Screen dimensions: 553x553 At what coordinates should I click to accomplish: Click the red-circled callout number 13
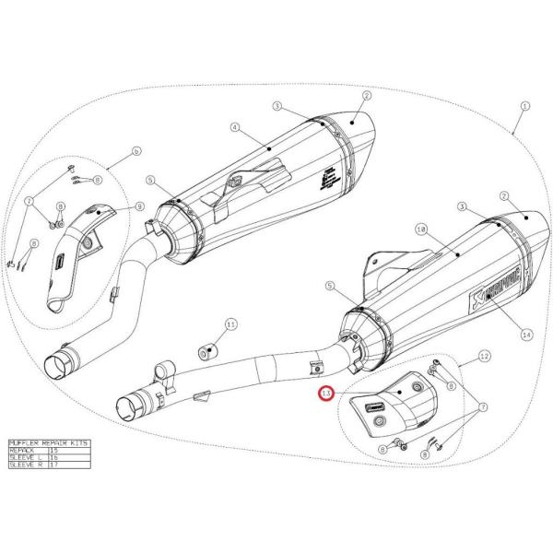[x=324, y=394]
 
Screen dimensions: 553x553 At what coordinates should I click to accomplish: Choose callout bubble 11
[x=231, y=324]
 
